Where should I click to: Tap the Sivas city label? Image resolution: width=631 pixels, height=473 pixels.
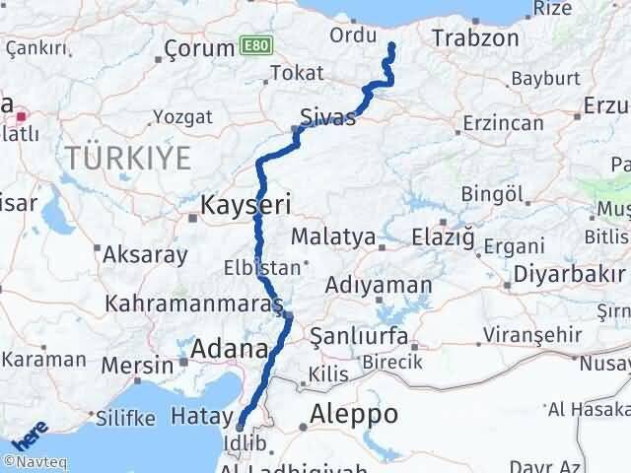tap(329, 118)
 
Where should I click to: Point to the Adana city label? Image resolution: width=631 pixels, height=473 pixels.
tap(230, 349)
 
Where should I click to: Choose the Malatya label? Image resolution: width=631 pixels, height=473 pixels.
tap(332, 236)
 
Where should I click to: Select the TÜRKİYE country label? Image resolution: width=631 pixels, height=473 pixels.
tap(115, 156)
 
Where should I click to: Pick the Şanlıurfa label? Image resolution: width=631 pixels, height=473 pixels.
tap(360, 337)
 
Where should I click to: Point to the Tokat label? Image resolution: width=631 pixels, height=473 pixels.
tap(296, 73)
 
